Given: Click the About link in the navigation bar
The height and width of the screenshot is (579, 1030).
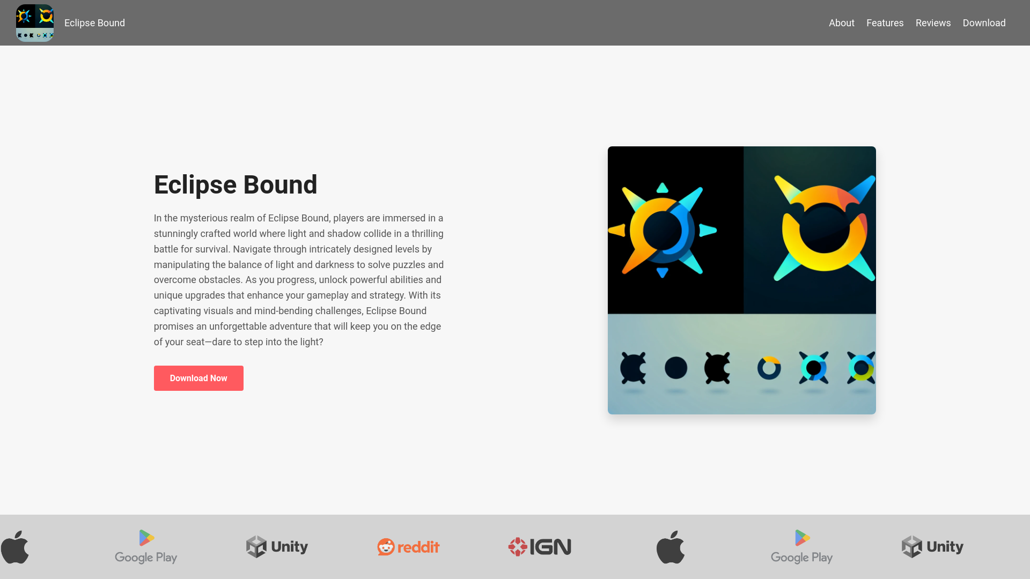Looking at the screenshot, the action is point(841,23).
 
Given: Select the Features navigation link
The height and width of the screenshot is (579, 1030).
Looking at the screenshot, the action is point(885,23).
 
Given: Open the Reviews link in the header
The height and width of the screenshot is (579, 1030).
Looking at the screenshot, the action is point(933,23).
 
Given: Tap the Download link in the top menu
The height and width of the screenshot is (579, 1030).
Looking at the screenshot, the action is point(984,23).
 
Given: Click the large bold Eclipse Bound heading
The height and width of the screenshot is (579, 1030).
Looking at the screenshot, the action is point(236,184).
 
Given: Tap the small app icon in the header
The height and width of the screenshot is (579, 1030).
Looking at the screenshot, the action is point(35,23).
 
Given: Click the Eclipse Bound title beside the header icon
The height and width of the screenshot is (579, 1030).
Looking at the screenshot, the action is point(94,23).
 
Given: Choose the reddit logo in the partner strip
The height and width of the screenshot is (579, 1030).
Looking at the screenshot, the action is point(408,547).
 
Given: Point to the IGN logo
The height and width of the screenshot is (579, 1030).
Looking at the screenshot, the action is point(540,547).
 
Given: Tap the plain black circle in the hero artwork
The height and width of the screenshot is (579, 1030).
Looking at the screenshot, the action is point(676,368).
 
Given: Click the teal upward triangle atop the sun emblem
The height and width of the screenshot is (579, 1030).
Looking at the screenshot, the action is point(663,188).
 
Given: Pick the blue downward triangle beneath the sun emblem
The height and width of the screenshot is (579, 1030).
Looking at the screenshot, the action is point(663,272).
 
